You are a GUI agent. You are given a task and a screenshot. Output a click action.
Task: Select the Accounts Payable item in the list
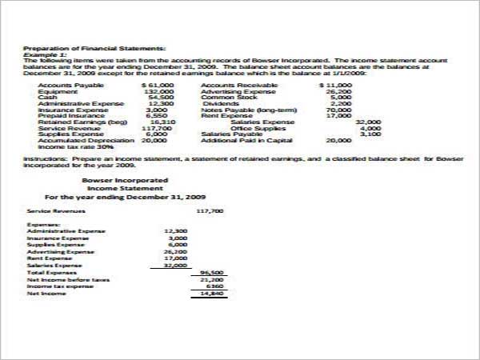[59, 85]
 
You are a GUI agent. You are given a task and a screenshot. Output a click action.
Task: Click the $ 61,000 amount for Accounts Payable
[158, 85]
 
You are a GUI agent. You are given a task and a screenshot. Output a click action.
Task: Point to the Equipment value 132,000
[159, 92]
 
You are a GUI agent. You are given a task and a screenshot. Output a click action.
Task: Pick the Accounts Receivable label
[239, 85]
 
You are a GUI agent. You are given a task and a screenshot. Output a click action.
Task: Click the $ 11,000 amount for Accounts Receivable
[335, 85]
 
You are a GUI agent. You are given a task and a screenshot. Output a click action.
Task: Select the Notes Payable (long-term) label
[249, 110]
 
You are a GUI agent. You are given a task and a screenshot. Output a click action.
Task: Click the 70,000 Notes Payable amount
[339, 110]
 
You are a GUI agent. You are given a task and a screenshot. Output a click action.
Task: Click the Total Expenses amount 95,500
[210, 272]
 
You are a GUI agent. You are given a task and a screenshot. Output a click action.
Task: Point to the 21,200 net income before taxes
[211, 279]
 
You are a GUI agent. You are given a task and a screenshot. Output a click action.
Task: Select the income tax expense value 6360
[214, 286]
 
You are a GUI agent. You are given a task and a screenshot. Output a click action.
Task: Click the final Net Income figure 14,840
[211, 294]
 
